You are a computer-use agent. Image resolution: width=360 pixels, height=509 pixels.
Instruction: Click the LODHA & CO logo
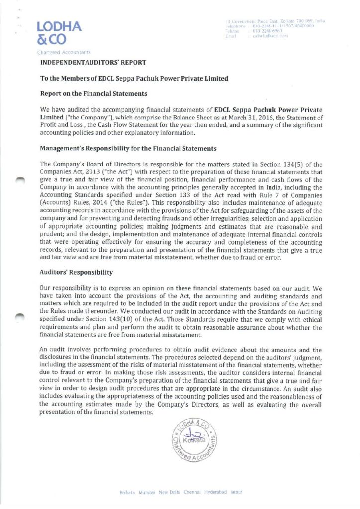tap(58, 33)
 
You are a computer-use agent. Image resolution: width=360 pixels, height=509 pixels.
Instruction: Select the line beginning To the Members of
tap(135, 78)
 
